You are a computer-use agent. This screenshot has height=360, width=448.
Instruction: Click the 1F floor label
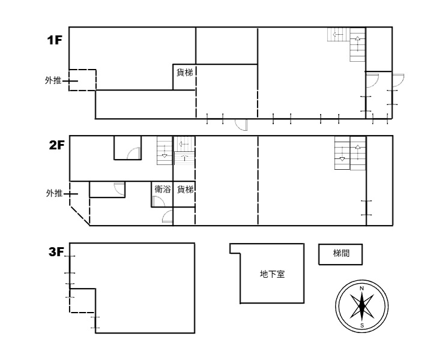55,40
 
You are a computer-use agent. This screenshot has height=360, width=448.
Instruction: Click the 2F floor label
57,145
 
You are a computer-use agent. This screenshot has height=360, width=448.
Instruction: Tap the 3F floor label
56,252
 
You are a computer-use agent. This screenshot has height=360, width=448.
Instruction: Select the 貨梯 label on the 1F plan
184,73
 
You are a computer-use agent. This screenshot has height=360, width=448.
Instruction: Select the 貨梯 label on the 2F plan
185,189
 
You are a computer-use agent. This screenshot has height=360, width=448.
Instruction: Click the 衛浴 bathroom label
163,189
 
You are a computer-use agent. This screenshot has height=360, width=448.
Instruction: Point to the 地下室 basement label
272,274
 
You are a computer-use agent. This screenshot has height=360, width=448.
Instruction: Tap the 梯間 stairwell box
341,254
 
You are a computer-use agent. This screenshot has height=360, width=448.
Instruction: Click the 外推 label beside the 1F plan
53,80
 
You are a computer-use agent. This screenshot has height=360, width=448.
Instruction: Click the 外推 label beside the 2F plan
54,193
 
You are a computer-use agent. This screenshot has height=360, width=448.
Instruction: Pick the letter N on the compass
362,289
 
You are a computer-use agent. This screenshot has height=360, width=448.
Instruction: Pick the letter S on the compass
362,325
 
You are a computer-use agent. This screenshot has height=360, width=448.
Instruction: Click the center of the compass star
362,307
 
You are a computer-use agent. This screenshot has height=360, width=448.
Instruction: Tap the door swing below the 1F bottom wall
241,125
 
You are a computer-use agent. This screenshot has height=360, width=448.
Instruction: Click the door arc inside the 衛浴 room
159,202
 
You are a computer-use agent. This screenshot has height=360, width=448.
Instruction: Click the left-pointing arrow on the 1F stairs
338,35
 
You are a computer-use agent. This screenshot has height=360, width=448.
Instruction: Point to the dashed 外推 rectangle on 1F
82,70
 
